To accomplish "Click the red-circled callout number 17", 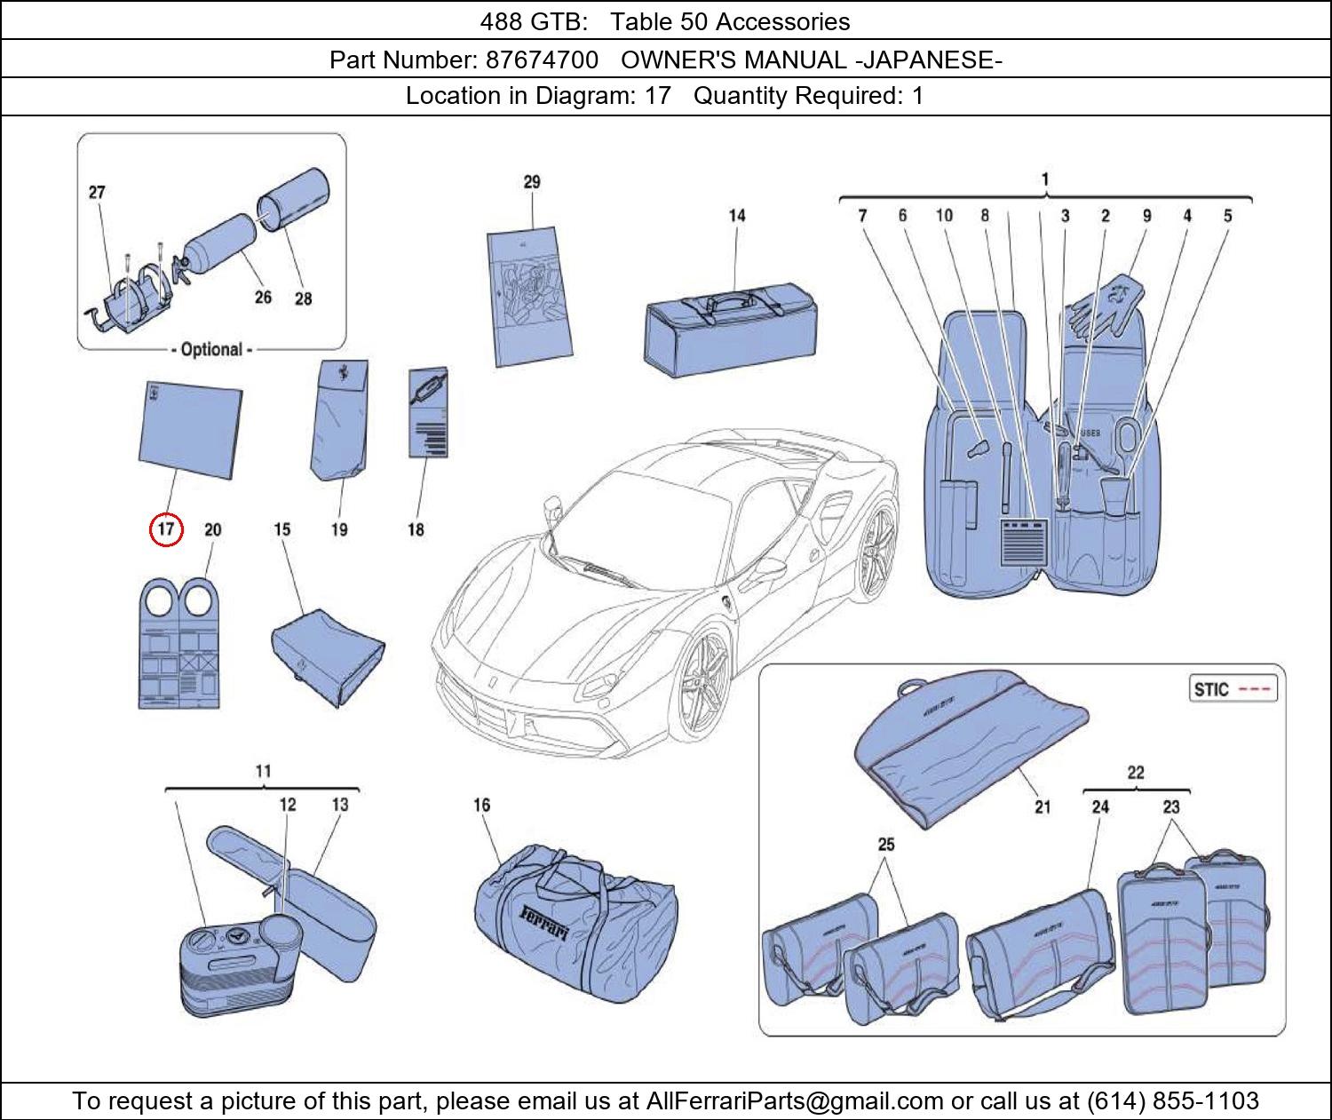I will pos(166,529).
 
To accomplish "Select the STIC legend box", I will pos(1233,689).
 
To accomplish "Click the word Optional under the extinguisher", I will pos(211,349).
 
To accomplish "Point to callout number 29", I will pos(531,182).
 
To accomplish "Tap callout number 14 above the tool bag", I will pos(737,215).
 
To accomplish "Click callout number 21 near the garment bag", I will pos(1042,806).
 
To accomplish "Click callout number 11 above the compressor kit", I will pos(263,771).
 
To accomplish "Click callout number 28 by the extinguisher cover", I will pos(303,298).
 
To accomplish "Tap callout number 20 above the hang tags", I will pos(212,529).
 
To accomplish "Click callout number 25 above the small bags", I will pos(886,844).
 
